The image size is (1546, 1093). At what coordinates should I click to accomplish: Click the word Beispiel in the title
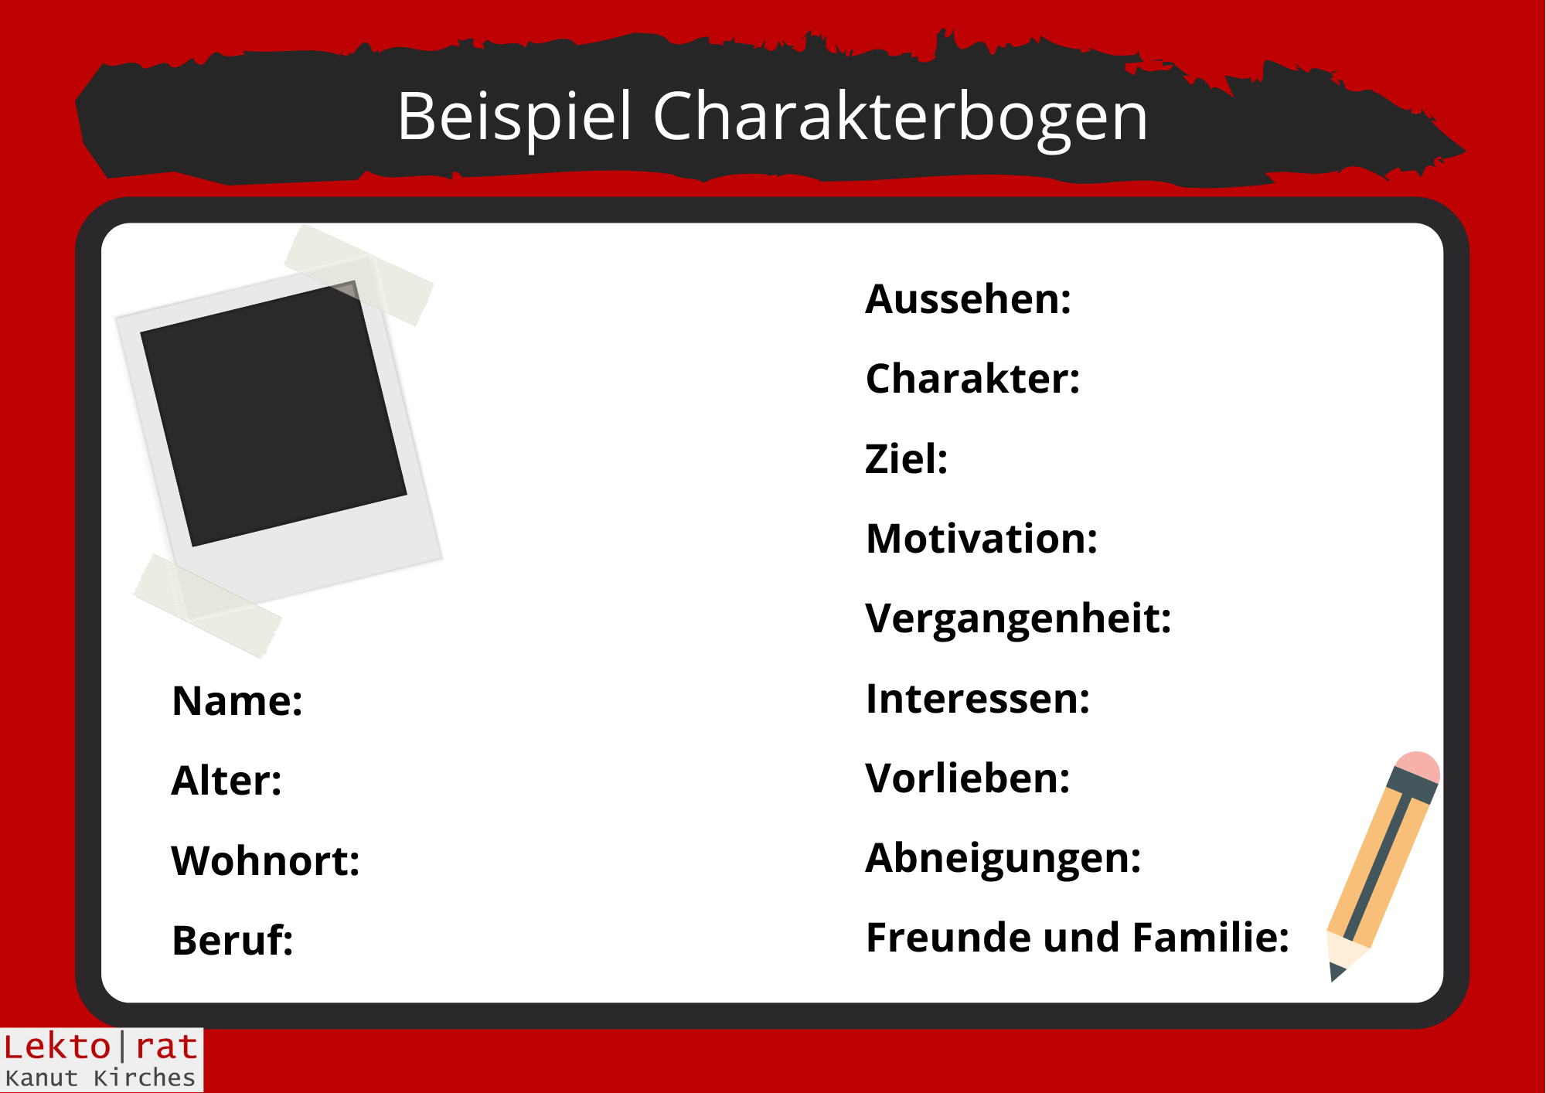coord(515,117)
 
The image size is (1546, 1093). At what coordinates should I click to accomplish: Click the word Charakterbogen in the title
coord(901,117)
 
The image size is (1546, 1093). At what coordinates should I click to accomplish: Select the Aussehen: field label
coord(969,299)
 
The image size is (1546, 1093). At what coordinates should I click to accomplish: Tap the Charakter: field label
coord(972,379)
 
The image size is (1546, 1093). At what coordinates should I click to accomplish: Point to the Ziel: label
coord(906,459)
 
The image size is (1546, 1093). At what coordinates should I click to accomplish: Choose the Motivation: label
coord(982,539)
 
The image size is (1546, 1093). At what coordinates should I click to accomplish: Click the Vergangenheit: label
coord(1018,620)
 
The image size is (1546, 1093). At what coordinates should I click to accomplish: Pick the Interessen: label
coord(978,699)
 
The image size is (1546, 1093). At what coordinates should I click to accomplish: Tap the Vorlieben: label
coord(968,778)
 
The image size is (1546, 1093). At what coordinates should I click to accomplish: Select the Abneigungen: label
coord(1003,860)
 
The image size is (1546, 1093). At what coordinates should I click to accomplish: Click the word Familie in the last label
coord(1211,938)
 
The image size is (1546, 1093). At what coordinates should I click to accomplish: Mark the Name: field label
coord(237,702)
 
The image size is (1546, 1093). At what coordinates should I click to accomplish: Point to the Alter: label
coord(226,781)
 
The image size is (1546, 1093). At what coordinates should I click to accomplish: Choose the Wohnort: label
coord(266,861)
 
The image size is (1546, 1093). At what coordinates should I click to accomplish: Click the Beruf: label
coord(233,941)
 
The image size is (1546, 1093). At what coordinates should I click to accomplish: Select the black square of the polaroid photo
coord(274,414)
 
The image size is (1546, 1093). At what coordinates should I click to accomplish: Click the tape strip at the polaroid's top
coord(359,274)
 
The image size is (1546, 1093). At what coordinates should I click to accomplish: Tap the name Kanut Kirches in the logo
coord(100,1078)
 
